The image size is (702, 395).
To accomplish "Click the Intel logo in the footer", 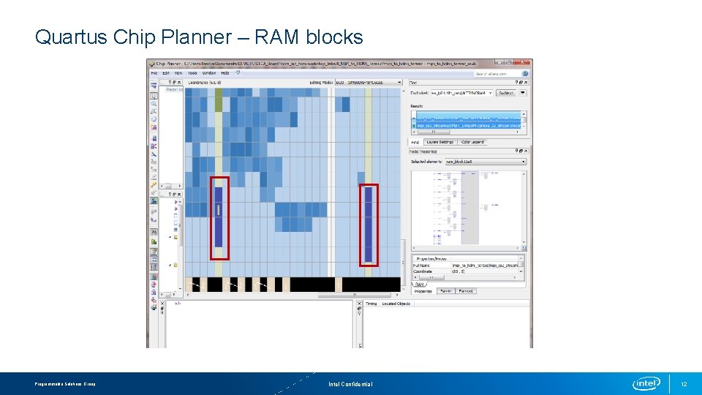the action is point(646,383).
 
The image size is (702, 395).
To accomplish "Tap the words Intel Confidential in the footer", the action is point(350,384).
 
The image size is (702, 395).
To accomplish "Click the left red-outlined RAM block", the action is point(219,217).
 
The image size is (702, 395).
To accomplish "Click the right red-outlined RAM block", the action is point(369,225).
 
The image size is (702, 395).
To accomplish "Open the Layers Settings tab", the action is point(439,142).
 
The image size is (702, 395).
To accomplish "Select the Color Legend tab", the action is point(472,142).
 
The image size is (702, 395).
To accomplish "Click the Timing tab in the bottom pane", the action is point(371,303).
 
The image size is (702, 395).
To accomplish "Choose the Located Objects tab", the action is point(396,303).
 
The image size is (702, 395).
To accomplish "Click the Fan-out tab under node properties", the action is point(466,290).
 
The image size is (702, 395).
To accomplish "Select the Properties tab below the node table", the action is point(423,290).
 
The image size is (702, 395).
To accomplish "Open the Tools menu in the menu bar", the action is point(192,73).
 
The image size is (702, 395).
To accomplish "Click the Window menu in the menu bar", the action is point(208,73).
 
